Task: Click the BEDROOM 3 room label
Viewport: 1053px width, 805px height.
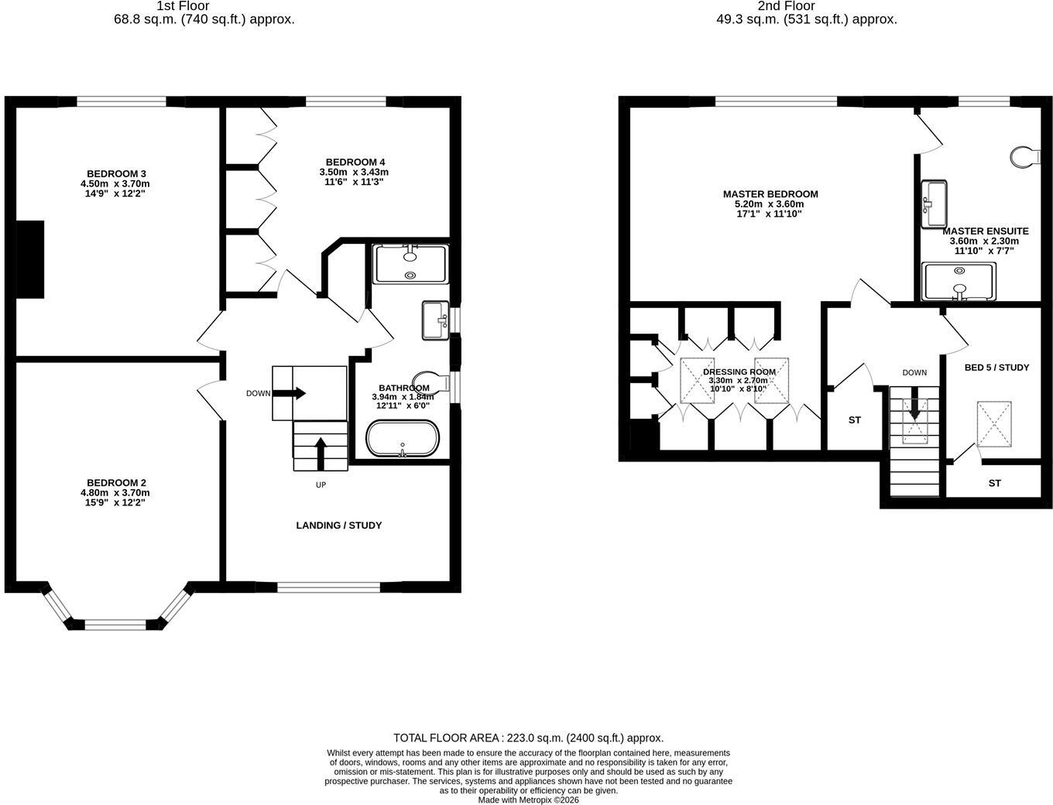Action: (x=116, y=173)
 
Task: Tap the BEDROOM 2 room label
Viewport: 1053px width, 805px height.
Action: (x=116, y=483)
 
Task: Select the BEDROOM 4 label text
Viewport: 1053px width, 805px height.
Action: (x=355, y=162)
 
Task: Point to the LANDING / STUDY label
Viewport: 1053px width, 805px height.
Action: (x=338, y=526)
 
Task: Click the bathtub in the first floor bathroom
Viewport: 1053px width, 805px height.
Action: (x=402, y=438)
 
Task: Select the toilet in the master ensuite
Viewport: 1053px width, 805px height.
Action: (x=1025, y=157)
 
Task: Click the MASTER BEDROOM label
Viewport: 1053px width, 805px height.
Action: (x=770, y=194)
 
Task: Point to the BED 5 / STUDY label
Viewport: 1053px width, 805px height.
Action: (x=997, y=368)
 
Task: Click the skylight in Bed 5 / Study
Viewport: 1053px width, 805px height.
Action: (x=994, y=424)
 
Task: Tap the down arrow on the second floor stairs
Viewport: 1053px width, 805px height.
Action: (x=915, y=403)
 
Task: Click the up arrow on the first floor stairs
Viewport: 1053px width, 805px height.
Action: (x=321, y=454)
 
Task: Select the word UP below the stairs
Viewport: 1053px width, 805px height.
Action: (x=321, y=485)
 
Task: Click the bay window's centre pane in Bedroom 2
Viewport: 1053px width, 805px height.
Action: (x=115, y=624)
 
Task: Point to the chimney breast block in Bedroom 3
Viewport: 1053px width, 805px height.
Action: (x=29, y=259)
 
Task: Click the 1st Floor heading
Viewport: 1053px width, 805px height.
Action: (x=183, y=6)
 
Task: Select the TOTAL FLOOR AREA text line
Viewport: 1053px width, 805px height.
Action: (x=528, y=738)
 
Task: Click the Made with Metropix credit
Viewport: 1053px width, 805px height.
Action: (x=528, y=800)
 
